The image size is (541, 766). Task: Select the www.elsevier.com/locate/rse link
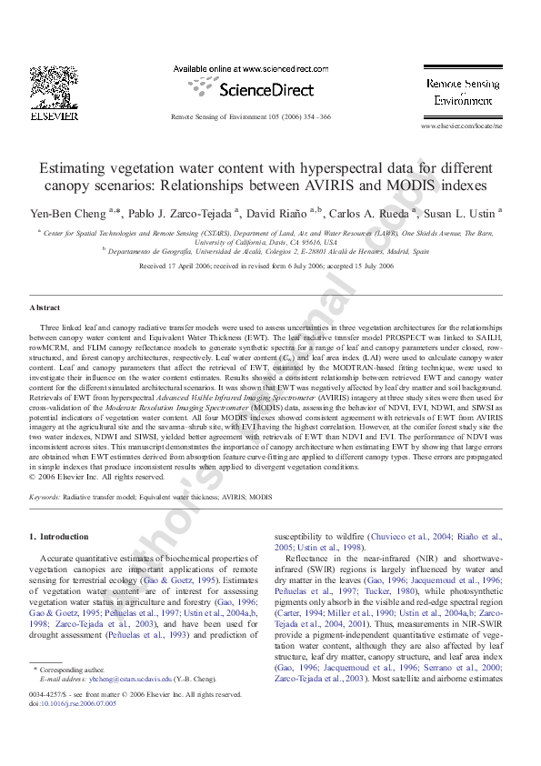pos(461,126)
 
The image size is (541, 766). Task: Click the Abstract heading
pos(45,307)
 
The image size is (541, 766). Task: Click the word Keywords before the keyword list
pos(45,499)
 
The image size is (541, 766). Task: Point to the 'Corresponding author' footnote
pos(72,670)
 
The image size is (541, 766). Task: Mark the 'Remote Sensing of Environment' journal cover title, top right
pos(462,92)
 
